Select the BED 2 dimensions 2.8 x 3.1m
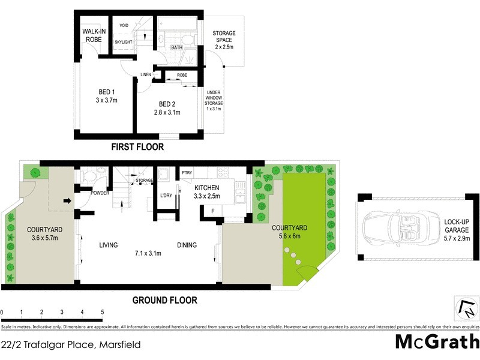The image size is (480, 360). pyautogui.click(x=167, y=112)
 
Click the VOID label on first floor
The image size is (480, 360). pyautogui.click(x=124, y=25)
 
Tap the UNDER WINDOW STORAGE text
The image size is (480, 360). pyautogui.click(x=214, y=100)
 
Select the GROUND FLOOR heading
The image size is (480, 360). pyautogui.click(x=164, y=300)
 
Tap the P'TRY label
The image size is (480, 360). pyautogui.click(x=187, y=173)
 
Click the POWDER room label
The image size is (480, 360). pyautogui.click(x=100, y=193)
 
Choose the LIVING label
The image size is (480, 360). pyautogui.click(x=108, y=245)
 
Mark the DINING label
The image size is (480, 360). pyautogui.click(x=187, y=245)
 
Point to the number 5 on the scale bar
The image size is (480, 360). pyautogui.click(x=103, y=313)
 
